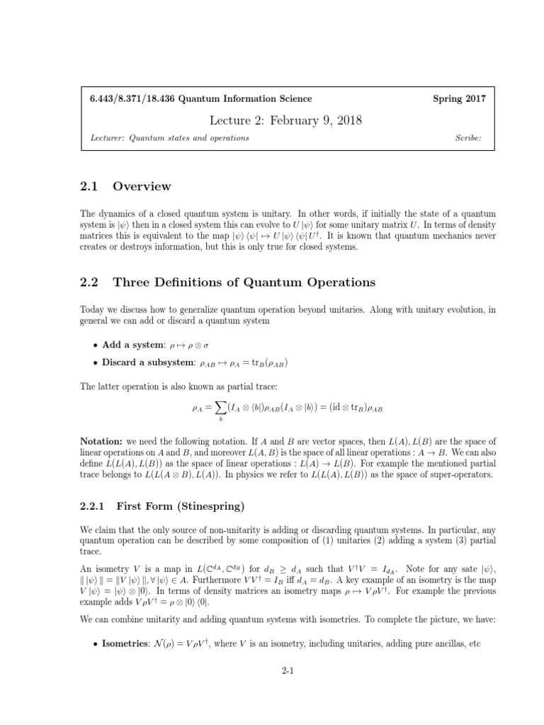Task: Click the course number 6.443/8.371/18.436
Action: (125, 99)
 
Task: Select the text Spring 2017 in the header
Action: (459, 99)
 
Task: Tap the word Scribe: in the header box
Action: (469, 138)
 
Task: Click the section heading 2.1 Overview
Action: (125, 186)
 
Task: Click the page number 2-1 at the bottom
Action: (287, 674)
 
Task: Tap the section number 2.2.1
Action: (92, 506)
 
